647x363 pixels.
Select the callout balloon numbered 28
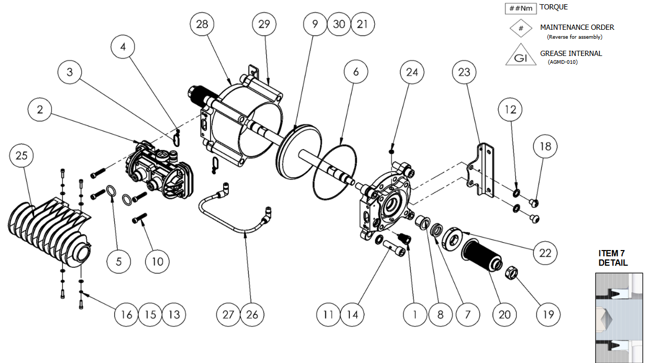click(x=202, y=24)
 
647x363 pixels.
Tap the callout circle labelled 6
click(x=356, y=72)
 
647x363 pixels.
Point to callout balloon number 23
click(x=464, y=72)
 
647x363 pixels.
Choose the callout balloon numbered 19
click(x=549, y=314)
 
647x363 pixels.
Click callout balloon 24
click(x=412, y=72)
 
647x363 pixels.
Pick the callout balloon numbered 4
click(x=123, y=47)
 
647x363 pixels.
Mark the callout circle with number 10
click(x=158, y=261)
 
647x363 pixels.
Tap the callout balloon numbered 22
click(x=546, y=253)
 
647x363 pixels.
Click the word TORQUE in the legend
click(x=553, y=7)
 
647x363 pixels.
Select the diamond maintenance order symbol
click(x=521, y=29)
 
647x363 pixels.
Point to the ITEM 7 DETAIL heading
click(x=613, y=258)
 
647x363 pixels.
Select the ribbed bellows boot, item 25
click(x=50, y=225)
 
